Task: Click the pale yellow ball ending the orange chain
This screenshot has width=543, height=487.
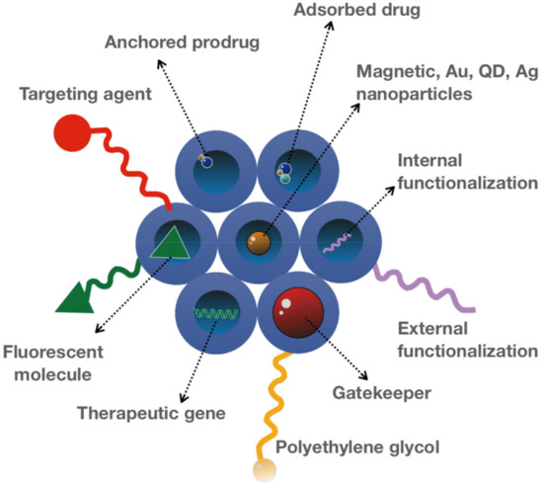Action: [263, 471]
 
